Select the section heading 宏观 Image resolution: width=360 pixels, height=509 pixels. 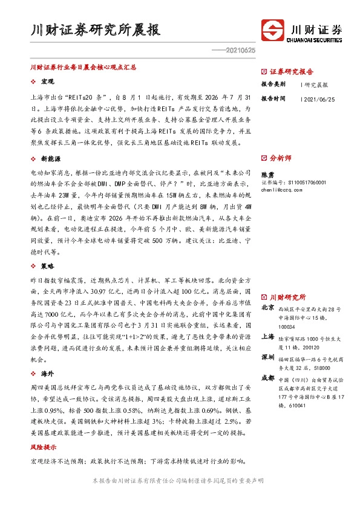[x=47, y=81]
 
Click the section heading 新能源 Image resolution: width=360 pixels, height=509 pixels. [x=50, y=158]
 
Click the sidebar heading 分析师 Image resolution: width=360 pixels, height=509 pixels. [x=281, y=158]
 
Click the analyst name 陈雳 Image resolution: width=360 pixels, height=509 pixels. [x=267, y=173]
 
